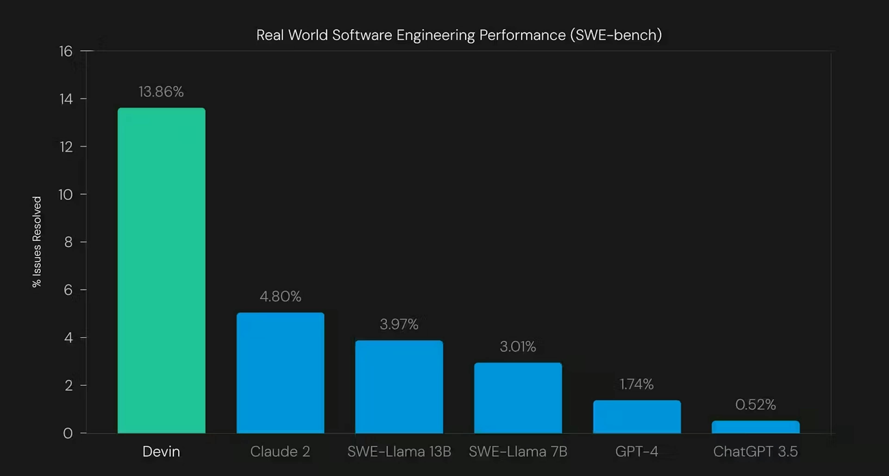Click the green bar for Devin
pos(161,270)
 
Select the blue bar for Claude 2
pos(280,373)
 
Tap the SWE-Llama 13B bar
pos(399,387)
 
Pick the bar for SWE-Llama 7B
pos(518,398)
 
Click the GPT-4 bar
pos(637,417)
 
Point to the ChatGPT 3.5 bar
pos(755,427)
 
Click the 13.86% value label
pos(161,92)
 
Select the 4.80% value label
pos(280,296)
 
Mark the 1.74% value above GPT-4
pos(637,384)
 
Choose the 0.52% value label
pos(755,405)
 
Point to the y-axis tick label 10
pos(66,195)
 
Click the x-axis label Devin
pos(161,451)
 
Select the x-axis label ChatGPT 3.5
pos(755,451)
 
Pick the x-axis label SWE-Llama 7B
pos(518,451)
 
